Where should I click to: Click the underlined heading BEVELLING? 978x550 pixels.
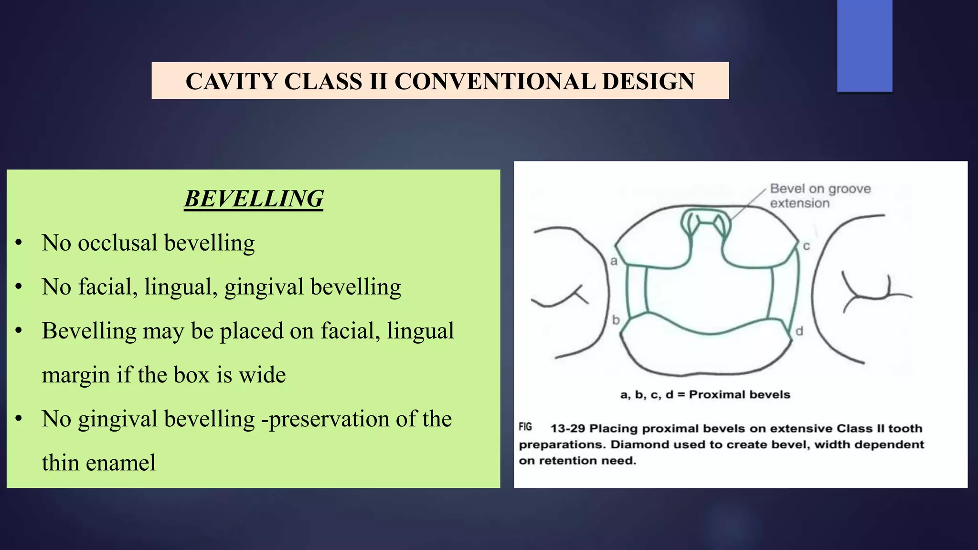[254, 199]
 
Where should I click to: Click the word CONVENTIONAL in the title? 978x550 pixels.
[494, 81]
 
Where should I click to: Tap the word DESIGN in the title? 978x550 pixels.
[648, 81]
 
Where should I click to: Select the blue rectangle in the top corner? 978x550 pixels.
[864, 45]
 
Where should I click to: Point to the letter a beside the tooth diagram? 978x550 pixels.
[614, 261]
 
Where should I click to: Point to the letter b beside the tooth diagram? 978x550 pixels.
[616, 320]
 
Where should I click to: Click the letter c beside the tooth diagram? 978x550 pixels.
[807, 246]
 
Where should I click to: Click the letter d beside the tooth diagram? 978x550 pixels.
[799, 331]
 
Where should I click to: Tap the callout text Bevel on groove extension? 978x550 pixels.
[820, 196]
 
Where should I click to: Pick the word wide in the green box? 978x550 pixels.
[262, 375]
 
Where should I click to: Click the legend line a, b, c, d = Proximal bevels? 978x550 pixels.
[705, 395]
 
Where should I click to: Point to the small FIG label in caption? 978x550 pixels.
[525, 427]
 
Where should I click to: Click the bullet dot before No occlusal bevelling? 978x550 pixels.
[19, 243]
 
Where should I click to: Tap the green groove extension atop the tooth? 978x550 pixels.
[705, 222]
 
